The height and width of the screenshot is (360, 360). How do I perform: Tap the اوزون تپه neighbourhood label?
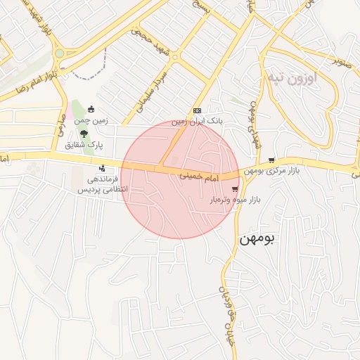coord(292,77)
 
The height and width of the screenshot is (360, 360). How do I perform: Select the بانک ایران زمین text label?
coord(198,122)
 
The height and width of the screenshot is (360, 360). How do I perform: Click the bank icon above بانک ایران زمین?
coord(197,110)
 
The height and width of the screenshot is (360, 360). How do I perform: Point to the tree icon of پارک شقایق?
coord(84,134)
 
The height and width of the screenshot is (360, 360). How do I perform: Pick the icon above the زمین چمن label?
coord(91,109)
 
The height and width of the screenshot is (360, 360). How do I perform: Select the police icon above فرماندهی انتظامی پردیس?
coord(103,168)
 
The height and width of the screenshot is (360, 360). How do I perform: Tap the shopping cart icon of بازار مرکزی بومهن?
coord(271,160)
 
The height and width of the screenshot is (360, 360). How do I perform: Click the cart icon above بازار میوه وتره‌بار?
coord(235,188)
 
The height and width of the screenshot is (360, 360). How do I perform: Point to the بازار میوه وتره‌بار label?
coord(235,200)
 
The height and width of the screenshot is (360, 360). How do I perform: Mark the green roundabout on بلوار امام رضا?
coord(59,53)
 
